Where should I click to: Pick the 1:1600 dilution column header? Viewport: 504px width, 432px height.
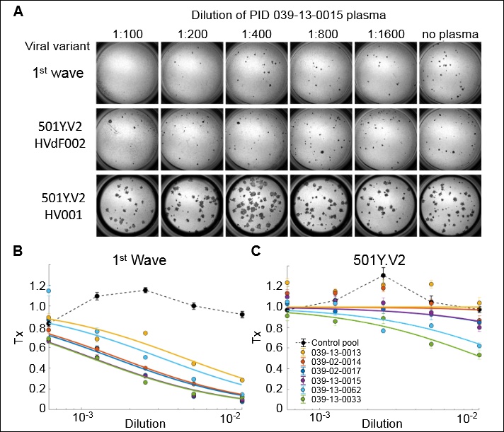tap(383, 33)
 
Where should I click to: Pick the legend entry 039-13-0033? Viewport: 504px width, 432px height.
tap(336, 404)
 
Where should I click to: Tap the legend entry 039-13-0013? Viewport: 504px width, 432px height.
tap(336, 354)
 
